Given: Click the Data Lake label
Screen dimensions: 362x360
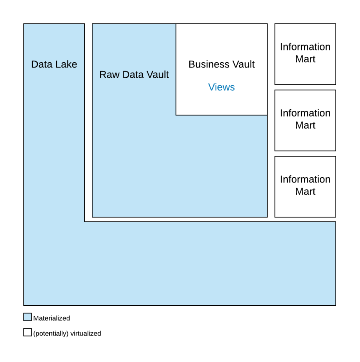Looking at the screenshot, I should pyautogui.click(x=54, y=64).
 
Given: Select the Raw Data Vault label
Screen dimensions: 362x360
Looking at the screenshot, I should pyautogui.click(x=134, y=75).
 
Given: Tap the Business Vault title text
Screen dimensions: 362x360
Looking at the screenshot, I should pyautogui.click(x=221, y=64).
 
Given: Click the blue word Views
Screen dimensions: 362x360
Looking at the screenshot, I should pyautogui.click(x=221, y=87).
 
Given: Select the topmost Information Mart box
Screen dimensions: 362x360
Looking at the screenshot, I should pyautogui.click(x=305, y=54).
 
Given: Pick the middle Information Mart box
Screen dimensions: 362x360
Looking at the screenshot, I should pyautogui.click(x=305, y=120).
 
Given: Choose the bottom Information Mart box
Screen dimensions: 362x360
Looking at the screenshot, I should pyautogui.click(x=305, y=186).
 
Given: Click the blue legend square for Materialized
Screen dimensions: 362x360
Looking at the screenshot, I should pyautogui.click(x=27, y=317).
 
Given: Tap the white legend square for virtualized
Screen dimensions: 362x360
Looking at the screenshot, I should pyautogui.click(x=27, y=332).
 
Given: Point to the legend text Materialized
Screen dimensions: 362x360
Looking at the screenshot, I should pyautogui.click(x=51, y=318).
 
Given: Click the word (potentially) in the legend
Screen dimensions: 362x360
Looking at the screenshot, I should pyautogui.click(x=51, y=333).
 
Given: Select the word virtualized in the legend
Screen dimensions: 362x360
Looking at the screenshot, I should pyautogui.click(x=86, y=333).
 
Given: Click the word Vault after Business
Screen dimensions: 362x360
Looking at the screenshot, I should pyautogui.click(x=242, y=64).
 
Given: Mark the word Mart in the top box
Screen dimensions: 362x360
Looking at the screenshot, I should pyautogui.click(x=305, y=59).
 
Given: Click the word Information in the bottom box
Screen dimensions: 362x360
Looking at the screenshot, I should pyautogui.click(x=305, y=179).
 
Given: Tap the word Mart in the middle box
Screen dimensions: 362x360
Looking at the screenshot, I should pyautogui.click(x=305, y=125).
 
